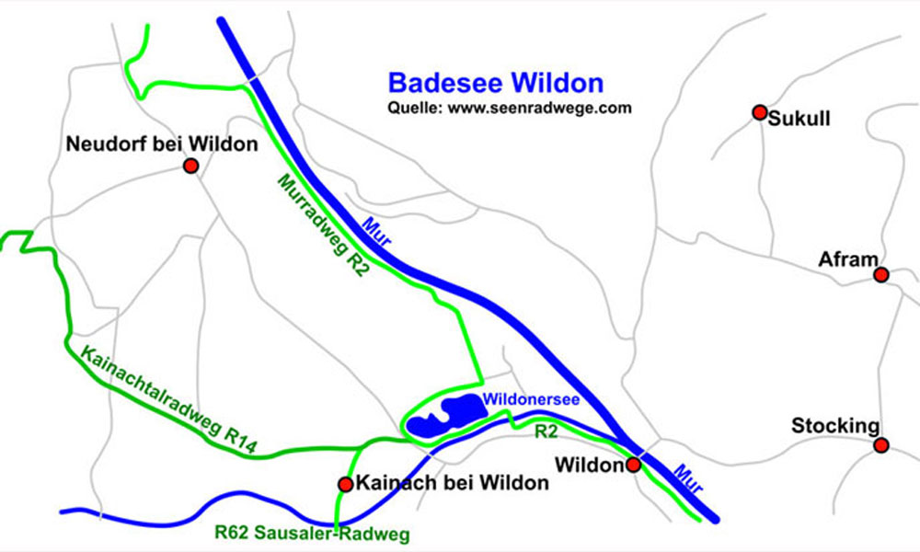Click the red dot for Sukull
(x=759, y=112)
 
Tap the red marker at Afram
(x=881, y=275)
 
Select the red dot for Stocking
(x=881, y=445)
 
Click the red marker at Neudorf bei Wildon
(x=190, y=166)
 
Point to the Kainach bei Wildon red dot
(x=345, y=484)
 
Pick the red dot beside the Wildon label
(x=634, y=466)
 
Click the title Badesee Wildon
(x=495, y=83)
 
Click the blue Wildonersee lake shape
(x=440, y=420)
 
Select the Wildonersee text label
(x=530, y=399)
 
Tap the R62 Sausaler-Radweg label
(x=311, y=532)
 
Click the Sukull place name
(x=800, y=119)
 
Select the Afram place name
(x=848, y=259)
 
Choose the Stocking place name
(x=834, y=427)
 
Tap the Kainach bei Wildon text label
(x=452, y=483)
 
